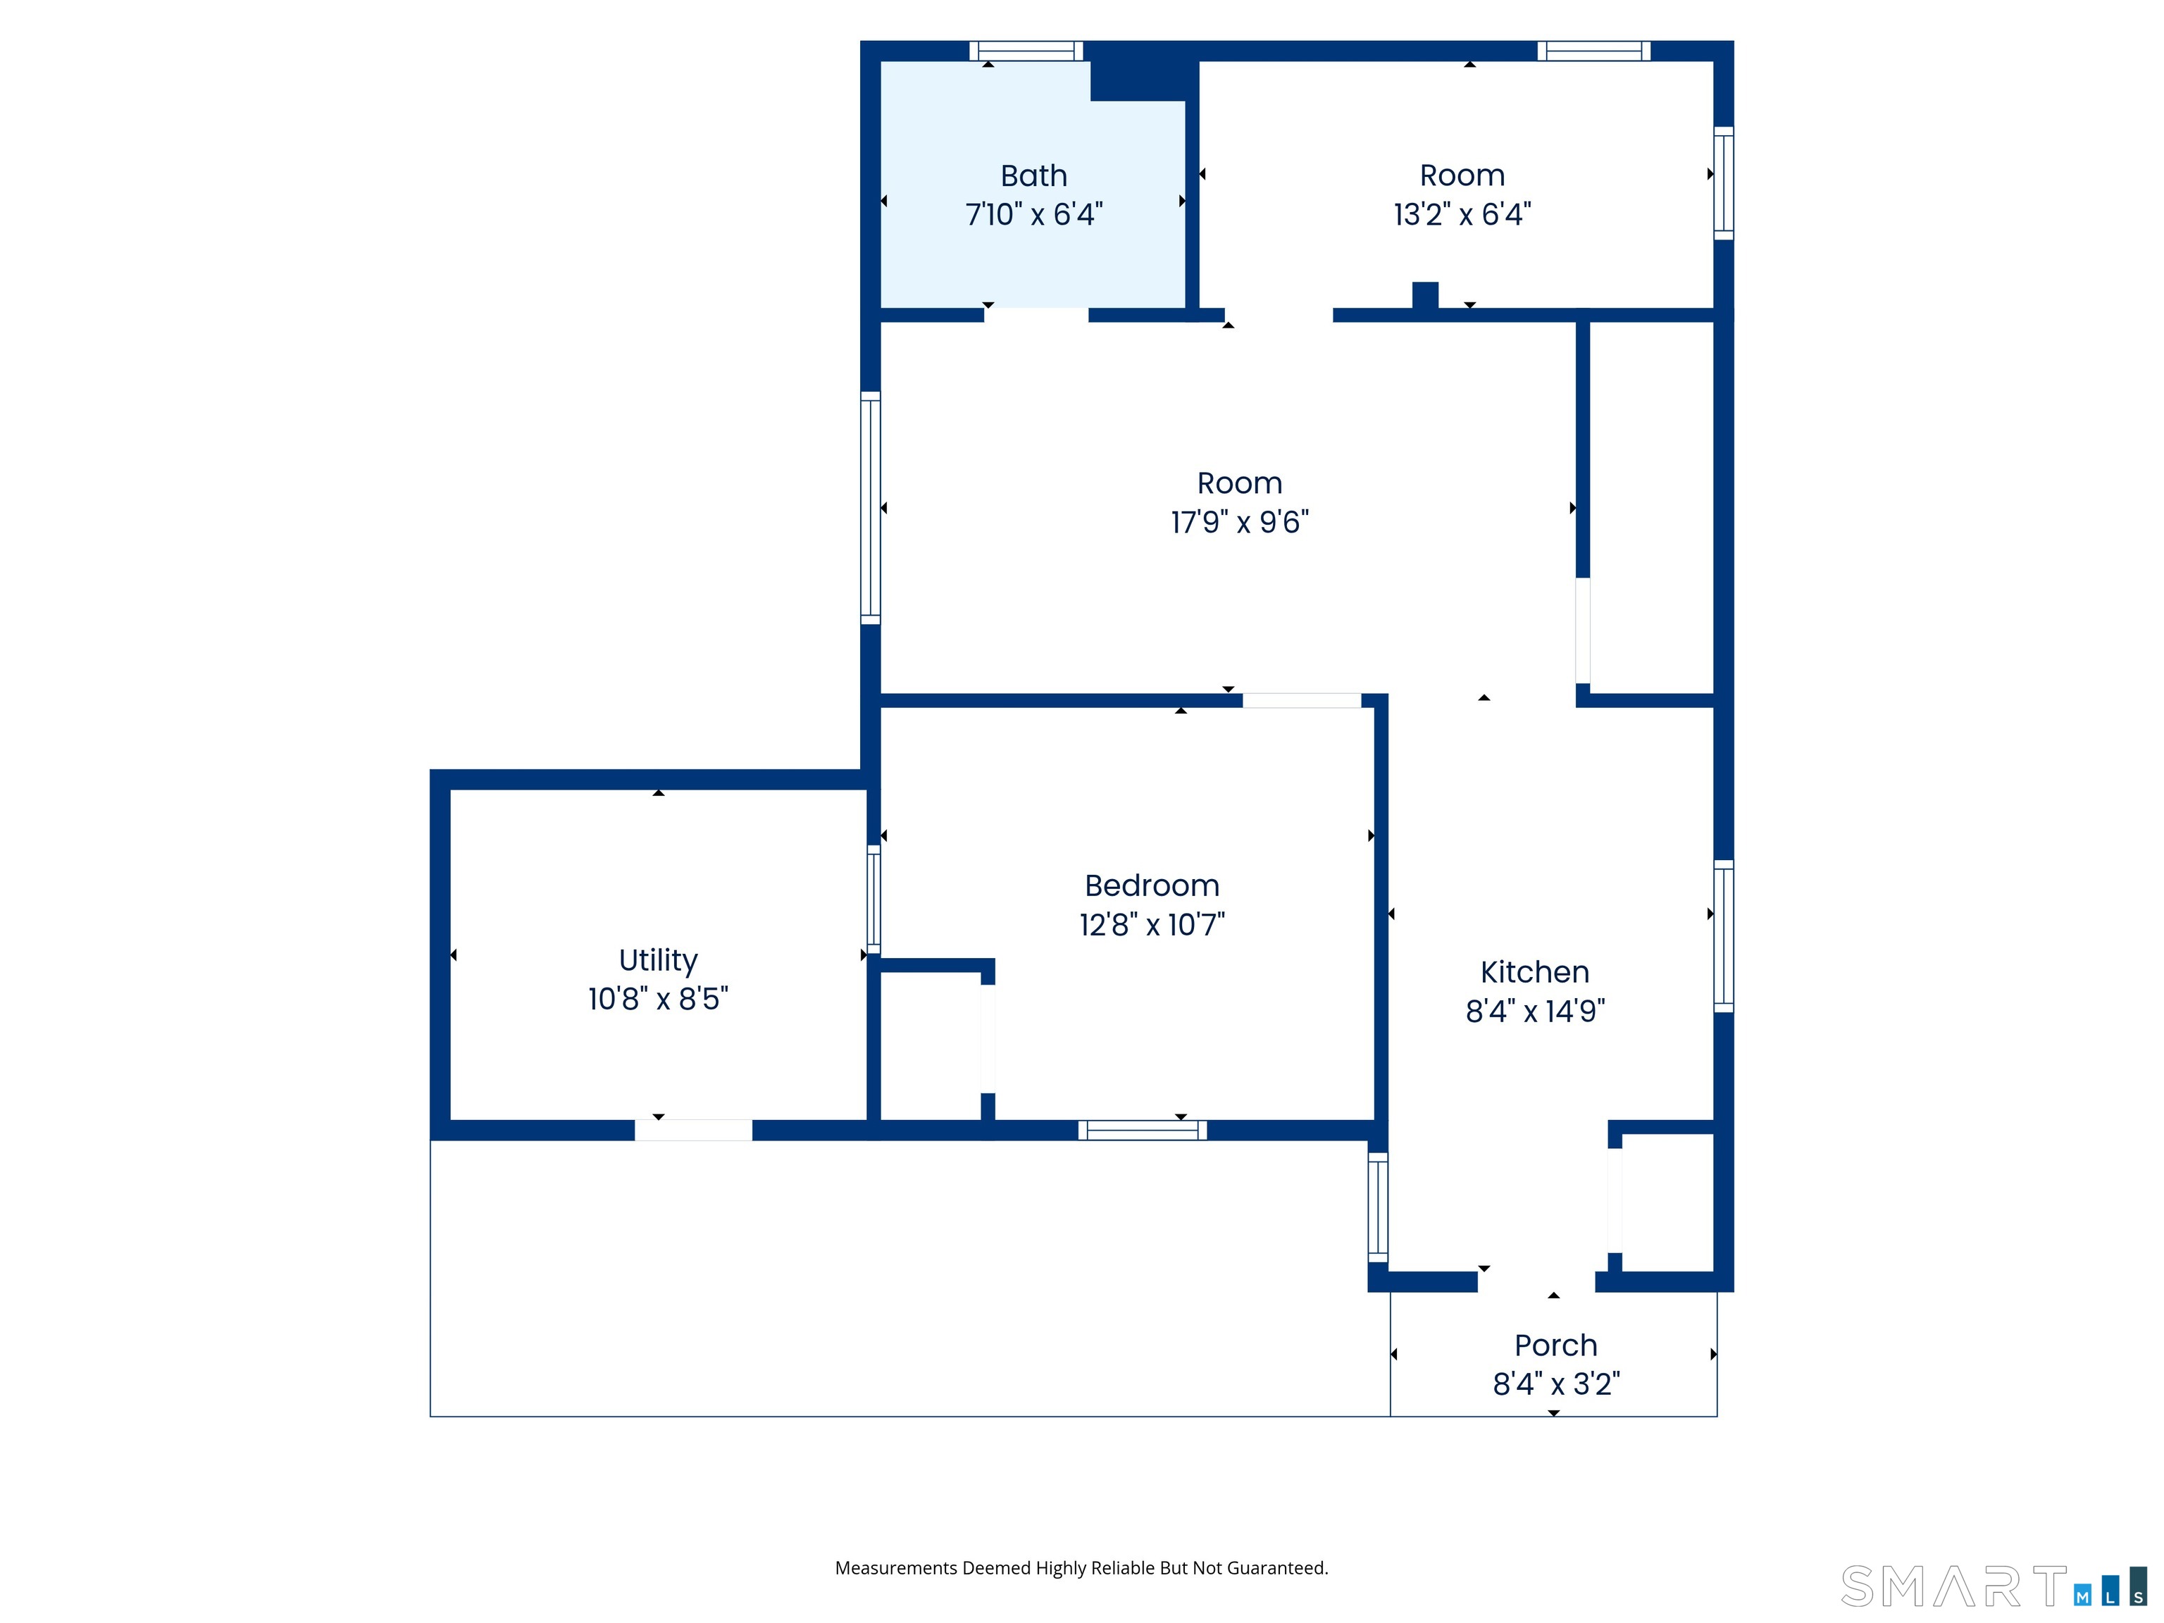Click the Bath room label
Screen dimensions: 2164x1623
[x=1033, y=176]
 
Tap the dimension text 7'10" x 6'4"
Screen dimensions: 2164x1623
[x=1034, y=214]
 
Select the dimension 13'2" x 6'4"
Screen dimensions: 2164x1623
[x=1462, y=214]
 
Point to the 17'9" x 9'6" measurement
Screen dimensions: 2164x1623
[x=1240, y=523]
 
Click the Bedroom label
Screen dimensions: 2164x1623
[x=1152, y=885]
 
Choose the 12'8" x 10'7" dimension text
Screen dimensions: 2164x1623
[x=1152, y=924]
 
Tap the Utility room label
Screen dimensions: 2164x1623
[x=659, y=961]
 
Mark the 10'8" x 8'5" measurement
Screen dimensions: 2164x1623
[x=659, y=999]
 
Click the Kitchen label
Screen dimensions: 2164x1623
[x=1535, y=972]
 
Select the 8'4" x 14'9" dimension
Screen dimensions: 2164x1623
[x=1535, y=1011]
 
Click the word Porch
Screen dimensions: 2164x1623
[x=1555, y=1345]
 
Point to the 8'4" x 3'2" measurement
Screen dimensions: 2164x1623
[x=1555, y=1384]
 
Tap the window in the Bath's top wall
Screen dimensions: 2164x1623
[x=1026, y=51]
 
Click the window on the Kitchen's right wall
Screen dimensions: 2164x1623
[x=1724, y=936]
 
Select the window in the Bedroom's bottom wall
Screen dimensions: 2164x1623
[x=1143, y=1131]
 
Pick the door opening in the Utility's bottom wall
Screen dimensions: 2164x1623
[x=694, y=1131]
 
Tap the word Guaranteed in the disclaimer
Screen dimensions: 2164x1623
[x=1278, y=1568]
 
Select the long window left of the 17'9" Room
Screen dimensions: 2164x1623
[x=871, y=508]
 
